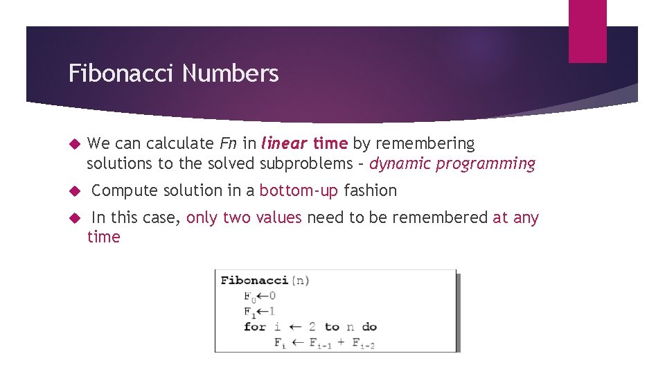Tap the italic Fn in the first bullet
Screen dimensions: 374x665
(x=228, y=143)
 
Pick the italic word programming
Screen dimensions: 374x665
(x=484, y=164)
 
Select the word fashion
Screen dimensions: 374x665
(x=371, y=190)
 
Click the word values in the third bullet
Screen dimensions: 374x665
(x=278, y=217)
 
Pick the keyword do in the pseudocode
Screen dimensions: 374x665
(x=369, y=327)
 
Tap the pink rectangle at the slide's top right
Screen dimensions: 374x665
(x=587, y=30)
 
